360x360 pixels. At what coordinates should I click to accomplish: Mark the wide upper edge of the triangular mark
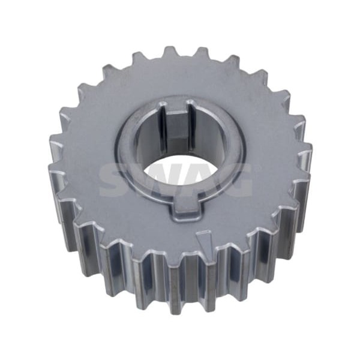point(204,232)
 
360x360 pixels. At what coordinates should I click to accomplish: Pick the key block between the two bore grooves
point(176,128)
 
